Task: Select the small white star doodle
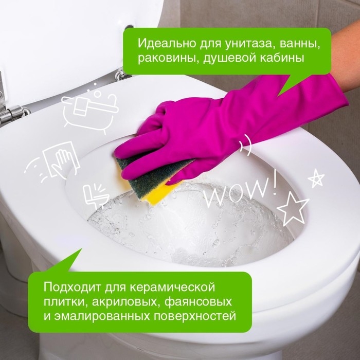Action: pos(316,178)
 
